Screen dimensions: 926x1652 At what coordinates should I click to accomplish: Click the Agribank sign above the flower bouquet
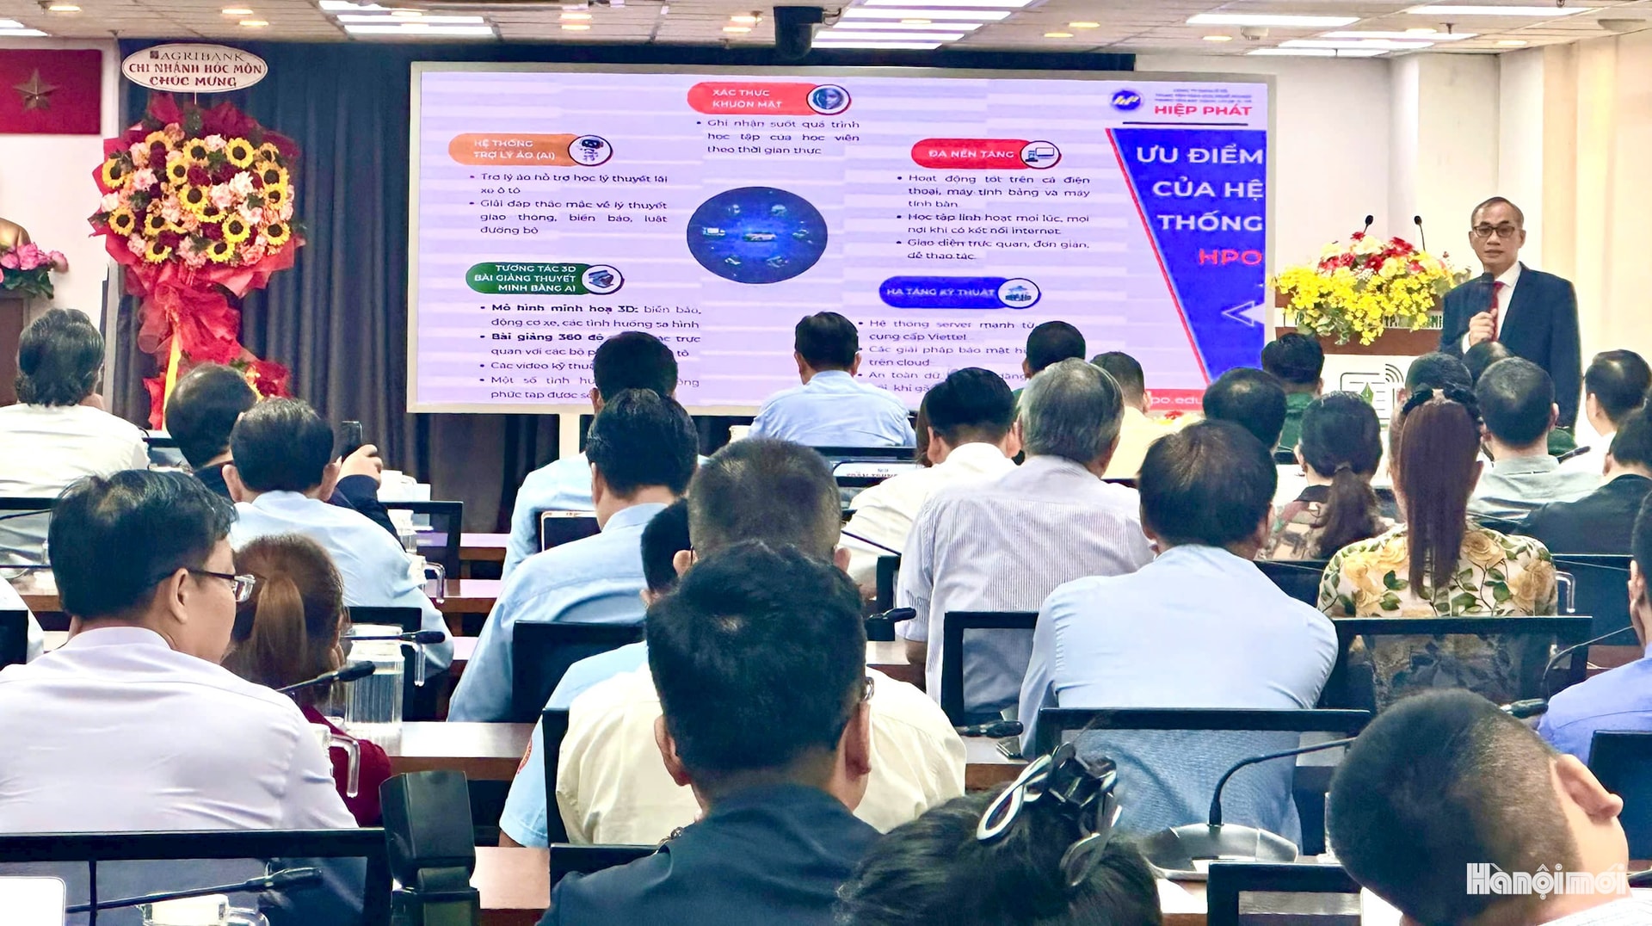tap(194, 67)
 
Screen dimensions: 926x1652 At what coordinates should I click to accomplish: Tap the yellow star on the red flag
tap(35, 90)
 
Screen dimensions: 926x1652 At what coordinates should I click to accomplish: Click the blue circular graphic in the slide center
tap(757, 235)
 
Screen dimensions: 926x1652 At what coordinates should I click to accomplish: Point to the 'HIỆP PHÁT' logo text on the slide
tap(1202, 110)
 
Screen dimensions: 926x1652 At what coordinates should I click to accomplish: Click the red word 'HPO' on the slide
tap(1230, 256)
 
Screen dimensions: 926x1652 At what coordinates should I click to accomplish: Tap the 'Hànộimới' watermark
tap(1545, 880)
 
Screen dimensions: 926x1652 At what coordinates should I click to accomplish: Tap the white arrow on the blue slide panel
tap(1244, 313)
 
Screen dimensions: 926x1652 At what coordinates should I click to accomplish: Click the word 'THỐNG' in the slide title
tap(1209, 223)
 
